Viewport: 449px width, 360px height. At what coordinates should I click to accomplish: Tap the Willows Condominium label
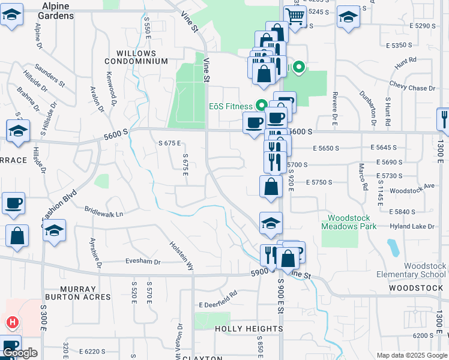pyautogui.click(x=136, y=57)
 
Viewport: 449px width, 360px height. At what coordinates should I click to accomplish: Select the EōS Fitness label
pyautogui.click(x=230, y=106)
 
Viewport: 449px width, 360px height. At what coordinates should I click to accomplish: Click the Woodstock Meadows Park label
pyautogui.click(x=349, y=222)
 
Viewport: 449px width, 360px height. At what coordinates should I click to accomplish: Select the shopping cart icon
pyautogui.click(x=295, y=16)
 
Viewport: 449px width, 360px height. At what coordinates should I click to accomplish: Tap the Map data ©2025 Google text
pyautogui.click(x=412, y=355)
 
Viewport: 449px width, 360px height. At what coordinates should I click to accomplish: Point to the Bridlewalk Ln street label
pyautogui.click(x=104, y=213)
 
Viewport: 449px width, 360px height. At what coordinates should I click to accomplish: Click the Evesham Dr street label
pyautogui.click(x=143, y=262)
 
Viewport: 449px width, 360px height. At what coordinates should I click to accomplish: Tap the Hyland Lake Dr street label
pyautogui.click(x=420, y=226)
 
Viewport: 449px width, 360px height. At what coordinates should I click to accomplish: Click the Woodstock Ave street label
pyautogui.click(x=412, y=187)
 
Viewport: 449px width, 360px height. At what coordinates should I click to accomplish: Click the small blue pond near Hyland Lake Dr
pyautogui.click(x=393, y=247)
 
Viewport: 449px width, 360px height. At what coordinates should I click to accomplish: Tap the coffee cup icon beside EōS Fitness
pyautogui.click(x=254, y=123)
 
